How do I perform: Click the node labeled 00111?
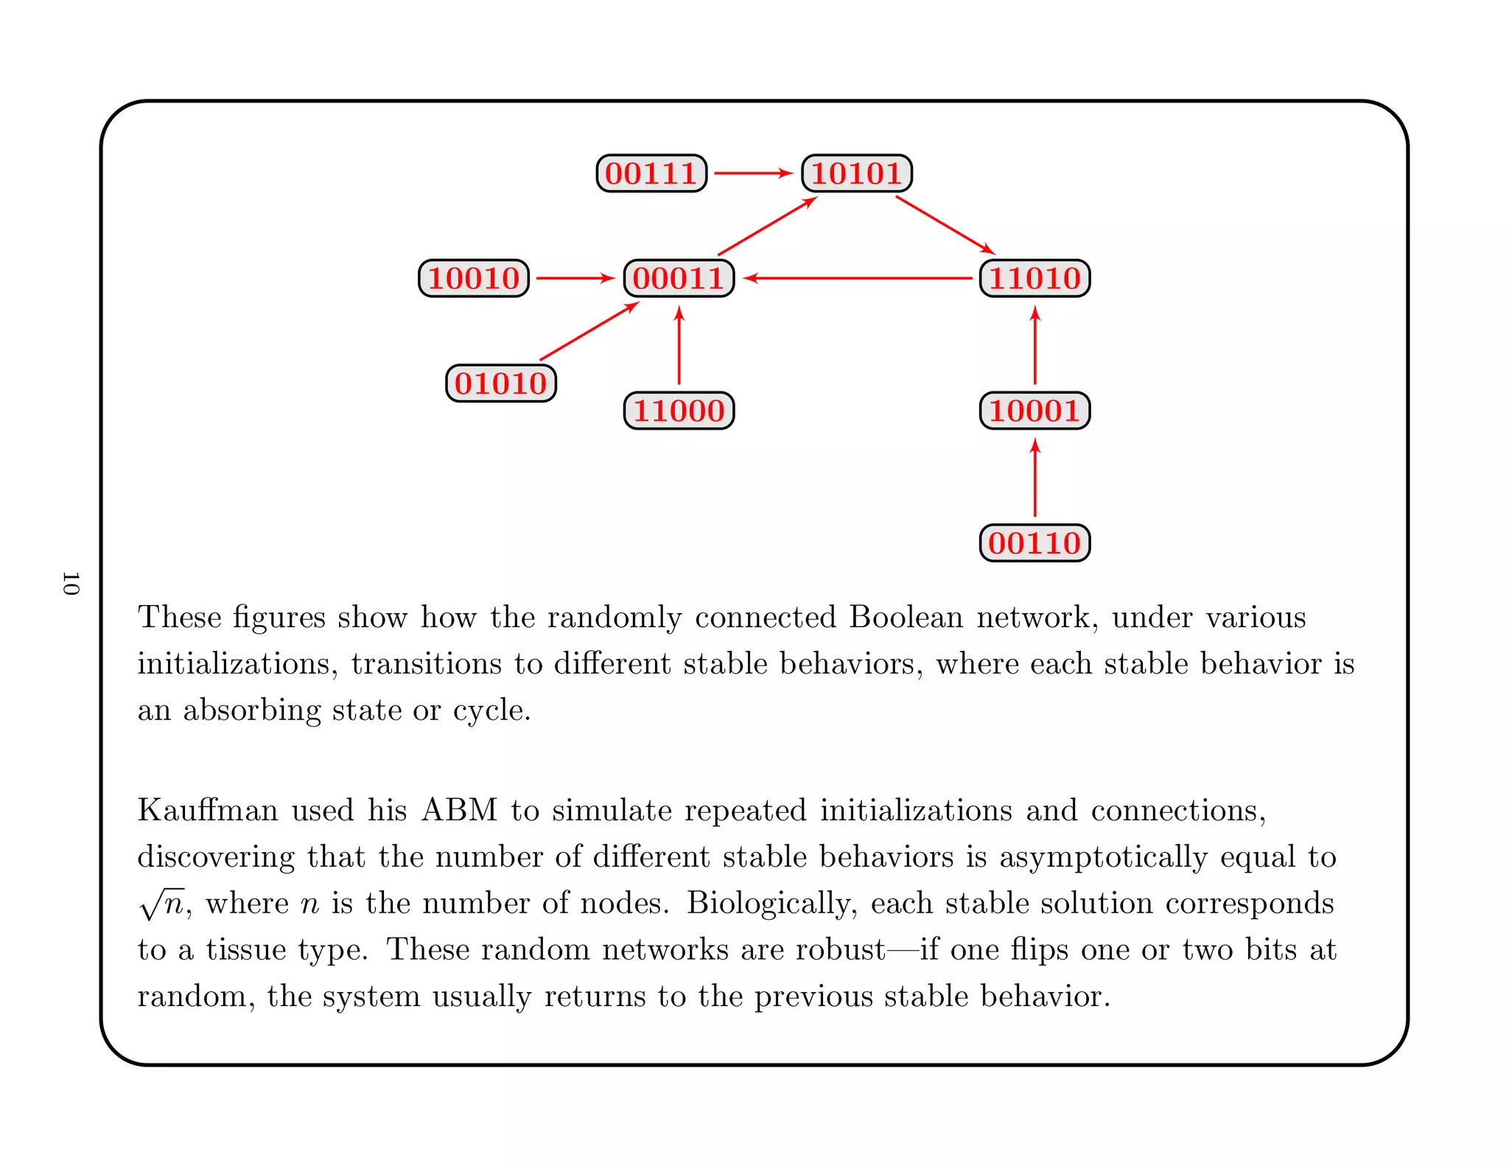click(651, 174)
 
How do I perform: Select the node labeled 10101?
click(857, 174)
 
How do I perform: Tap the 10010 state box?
click(474, 279)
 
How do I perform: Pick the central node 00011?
click(679, 279)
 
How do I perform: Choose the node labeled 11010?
click(1034, 279)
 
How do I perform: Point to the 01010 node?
click(501, 383)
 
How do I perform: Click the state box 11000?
click(679, 411)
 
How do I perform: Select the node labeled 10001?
click(1034, 411)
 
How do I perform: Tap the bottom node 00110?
click(1034, 543)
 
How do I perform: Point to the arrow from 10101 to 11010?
click(945, 225)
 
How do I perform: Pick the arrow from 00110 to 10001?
click(1035, 478)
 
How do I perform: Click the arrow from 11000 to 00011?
click(679, 346)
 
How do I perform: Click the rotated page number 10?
click(71, 583)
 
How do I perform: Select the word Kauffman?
click(209, 810)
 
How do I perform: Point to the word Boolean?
click(906, 617)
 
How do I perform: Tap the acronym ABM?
click(460, 810)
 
